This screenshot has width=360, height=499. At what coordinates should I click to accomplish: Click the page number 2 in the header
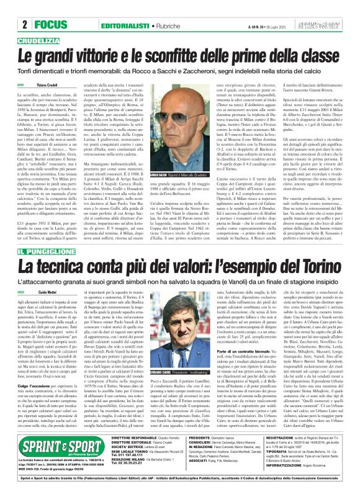25,9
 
